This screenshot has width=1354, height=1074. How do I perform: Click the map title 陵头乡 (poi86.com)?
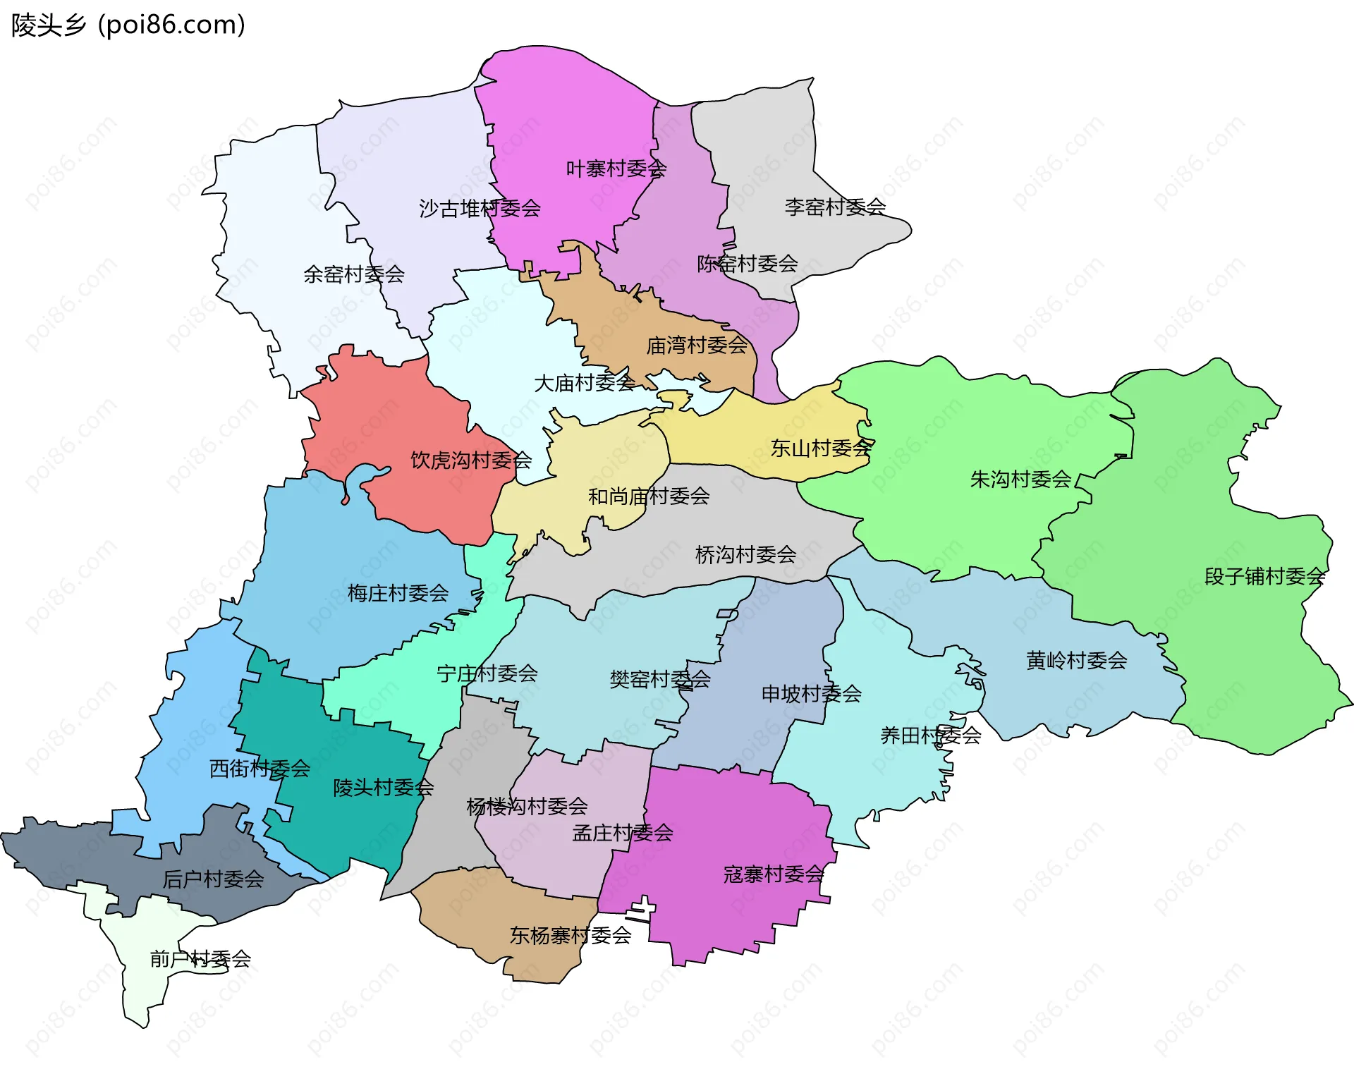point(128,25)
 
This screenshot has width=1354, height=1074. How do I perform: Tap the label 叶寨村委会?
point(616,169)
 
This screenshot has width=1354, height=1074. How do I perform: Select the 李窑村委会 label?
point(835,207)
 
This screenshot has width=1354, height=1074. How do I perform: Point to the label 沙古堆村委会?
point(480,209)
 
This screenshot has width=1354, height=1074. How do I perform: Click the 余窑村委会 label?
point(353,274)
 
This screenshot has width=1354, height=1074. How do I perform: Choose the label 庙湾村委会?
point(697,346)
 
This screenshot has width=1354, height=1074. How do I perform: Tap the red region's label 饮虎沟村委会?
point(470,460)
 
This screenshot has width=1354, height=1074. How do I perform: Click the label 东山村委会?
point(821,448)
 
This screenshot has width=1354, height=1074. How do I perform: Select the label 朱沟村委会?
point(1020,480)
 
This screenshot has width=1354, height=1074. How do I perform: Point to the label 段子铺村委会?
point(1264,577)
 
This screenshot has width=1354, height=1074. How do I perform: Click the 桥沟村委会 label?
point(745,555)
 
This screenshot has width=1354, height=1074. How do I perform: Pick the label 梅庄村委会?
point(398,593)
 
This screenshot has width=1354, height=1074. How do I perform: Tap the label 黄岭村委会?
point(1076,661)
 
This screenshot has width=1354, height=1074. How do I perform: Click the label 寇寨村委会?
point(774,874)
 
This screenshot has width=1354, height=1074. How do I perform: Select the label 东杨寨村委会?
point(570,936)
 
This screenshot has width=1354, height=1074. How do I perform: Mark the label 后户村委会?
point(213,879)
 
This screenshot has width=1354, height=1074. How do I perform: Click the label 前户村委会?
point(200,959)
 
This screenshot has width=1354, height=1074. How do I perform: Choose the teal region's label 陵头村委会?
point(383,788)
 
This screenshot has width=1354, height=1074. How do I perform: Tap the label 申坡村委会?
point(811,694)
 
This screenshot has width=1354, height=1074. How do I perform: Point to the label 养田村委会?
point(930,736)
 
